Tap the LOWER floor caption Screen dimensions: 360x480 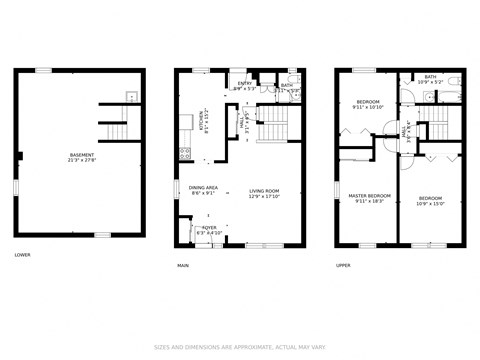pyautogui.click(x=22, y=255)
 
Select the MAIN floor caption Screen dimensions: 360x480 pyautogui.click(x=183, y=265)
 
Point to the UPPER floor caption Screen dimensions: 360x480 pyautogui.click(x=343, y=265)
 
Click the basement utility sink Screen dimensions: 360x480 pyautogui.click(x=131, y=97)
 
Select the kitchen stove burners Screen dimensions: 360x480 pyautogui.click(x=184, y=153)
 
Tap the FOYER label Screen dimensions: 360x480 pyautogui.click(x=209, y=229)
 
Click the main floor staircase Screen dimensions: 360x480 pyautogui.click(x=272, y=127)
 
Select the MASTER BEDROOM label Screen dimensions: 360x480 pyautogui.click(x=369, y=197)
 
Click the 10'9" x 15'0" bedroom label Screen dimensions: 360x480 pyautogui.click(x=431, y=200)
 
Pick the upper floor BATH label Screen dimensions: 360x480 pyautogui.click(x=430, y=79)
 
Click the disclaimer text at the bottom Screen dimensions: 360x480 pyautogui.click(x=239, y=347)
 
